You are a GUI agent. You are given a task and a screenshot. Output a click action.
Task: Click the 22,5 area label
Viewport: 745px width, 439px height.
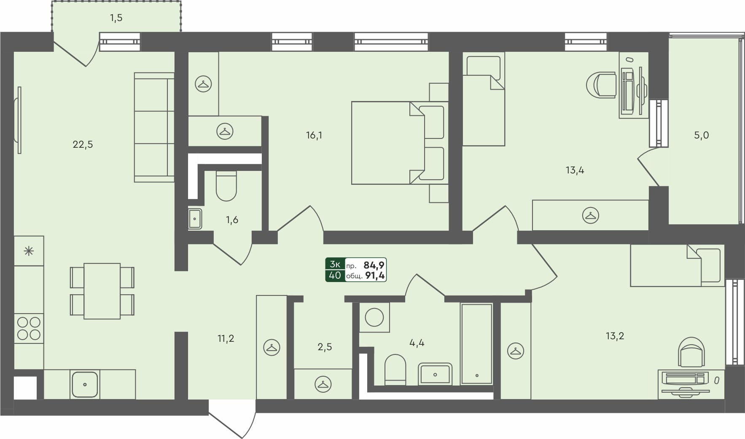point(83,145)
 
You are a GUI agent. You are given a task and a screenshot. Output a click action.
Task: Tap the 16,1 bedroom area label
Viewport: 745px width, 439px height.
point(314,136)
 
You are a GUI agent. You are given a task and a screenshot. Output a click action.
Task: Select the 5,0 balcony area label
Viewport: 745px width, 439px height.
point(701,136)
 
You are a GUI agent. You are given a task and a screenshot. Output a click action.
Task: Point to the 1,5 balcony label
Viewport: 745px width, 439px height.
point(116,18)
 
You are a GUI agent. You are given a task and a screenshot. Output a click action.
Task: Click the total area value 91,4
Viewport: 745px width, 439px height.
point(374,276)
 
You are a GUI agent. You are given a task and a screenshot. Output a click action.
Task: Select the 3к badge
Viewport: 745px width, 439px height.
point(335,264)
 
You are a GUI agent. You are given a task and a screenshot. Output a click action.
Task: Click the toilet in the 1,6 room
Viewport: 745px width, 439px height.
point(226,186)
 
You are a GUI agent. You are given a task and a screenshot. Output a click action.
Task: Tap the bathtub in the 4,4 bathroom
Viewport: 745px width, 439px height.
point(476,343)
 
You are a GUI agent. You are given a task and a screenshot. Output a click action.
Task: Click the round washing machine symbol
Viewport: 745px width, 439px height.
point(374,317)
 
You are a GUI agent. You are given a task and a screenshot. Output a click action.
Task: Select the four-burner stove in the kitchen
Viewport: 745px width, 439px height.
point(29,328)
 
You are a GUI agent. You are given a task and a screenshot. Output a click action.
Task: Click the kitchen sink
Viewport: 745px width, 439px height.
point(85,384)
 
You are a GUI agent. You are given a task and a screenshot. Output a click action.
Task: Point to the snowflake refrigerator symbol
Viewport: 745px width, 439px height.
point(29,251)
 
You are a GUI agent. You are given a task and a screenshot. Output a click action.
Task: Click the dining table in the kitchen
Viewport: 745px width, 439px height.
point(102,291)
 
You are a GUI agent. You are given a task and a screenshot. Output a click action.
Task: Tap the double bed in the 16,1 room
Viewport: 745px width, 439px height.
point(398,143)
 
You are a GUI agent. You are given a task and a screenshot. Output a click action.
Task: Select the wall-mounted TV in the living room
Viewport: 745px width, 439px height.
point(18,120)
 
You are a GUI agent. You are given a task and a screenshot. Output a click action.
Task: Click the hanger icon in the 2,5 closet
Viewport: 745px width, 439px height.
point(323,384)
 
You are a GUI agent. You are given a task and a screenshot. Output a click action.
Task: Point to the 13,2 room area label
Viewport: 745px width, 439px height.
point(614,336)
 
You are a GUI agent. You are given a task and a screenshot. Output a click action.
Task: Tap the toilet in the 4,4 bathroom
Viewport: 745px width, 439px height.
point(395,369)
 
